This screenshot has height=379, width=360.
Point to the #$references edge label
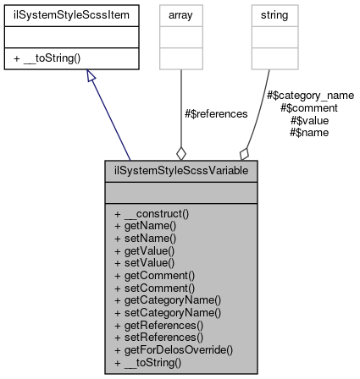pyautogui.click(x=216, y=113)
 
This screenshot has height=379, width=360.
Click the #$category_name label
pyautogui.click(x=309, y=96)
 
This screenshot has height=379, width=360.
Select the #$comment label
pyautogui.click(x=309, y=108)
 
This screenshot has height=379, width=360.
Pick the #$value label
pyautogui.click(x=309, y=120)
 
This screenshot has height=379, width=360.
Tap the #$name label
pyautogui.click(x=309, y=132)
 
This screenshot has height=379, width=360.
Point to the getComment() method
pyautogui.click(x=154, y=275)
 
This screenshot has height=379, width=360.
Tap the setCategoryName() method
pyautogui.click(x=168, y=312)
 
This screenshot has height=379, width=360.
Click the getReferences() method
pyautogui.click(x=160, y=324)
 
